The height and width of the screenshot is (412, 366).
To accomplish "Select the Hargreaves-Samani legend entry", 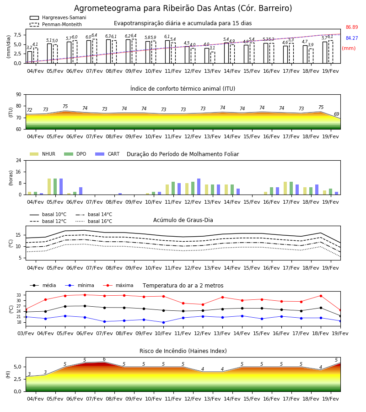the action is click(58, 17).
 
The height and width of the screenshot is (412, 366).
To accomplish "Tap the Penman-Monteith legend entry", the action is click(56, 24).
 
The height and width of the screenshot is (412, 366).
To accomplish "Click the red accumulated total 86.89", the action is click(352, 27).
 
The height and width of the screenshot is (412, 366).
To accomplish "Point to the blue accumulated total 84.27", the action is click(352, 38).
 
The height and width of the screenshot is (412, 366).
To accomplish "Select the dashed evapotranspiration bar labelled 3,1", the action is click(213, 58).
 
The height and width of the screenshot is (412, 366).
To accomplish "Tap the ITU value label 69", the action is click(336, 114).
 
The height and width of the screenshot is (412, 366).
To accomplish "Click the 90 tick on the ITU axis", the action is click(18, 95).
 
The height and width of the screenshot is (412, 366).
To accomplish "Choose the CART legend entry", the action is click(108, 154).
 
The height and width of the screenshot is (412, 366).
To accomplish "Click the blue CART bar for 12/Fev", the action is click(199, 187).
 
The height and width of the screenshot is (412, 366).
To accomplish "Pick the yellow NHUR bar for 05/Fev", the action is click(49, 187).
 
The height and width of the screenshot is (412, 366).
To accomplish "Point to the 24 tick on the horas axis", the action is click(18, 160).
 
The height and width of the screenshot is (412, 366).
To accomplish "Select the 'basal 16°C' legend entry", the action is click(94, 221).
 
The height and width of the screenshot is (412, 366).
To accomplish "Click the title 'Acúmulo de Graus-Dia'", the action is click(183, 220).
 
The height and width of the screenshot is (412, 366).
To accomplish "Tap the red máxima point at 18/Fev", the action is click(321, 296).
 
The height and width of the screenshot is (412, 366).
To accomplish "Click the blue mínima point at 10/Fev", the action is click(164, 322).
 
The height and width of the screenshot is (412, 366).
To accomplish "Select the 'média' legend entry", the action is click(43, 285).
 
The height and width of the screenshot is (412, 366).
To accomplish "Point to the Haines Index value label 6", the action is click(104, 359).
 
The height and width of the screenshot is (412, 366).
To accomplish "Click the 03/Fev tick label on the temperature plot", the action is click(26, 333).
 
